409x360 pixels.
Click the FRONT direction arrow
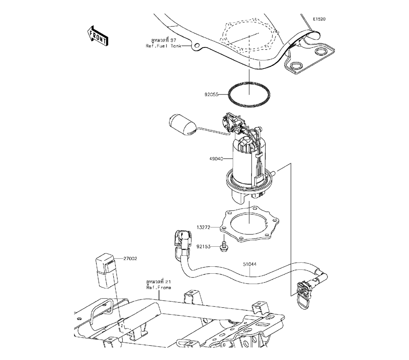pos(98,36)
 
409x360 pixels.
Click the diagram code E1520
pos(319,19)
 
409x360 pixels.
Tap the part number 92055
pos(211,94)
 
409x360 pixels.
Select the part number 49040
pos(216,158)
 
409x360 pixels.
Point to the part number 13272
pos(203,227)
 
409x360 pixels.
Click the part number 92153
pos(203,246)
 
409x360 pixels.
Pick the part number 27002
pos(130,259)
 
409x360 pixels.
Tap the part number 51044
pos(249,264)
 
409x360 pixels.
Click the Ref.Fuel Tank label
pos(163,46)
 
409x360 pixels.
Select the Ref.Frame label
pos(159,288)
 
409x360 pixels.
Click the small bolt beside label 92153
pos(223,247)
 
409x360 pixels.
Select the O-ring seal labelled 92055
pos(249,94)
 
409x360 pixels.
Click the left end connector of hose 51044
pos(182,242)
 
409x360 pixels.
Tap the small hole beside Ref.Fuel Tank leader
pos(196,46)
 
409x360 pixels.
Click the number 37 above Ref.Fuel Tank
pos(173,40)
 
